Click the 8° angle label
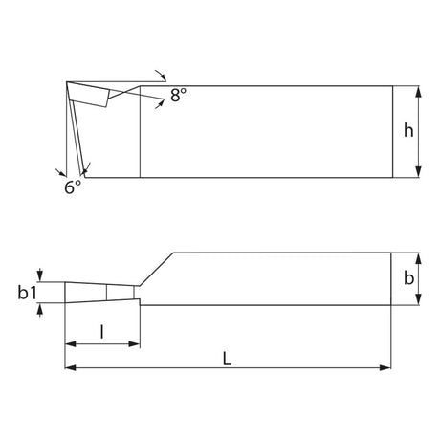[179, 95]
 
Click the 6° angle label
[73, 188]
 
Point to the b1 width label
[28, 295]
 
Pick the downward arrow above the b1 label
[39, 276]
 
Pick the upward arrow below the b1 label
[39, 311]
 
